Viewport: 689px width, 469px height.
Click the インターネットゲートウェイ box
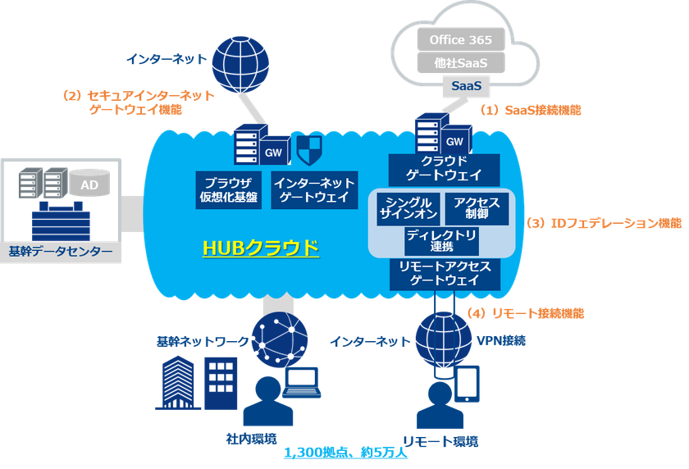pyautogui.click(x=313, y=189)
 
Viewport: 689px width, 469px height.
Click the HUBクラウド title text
pyautogui.click(x=261, y=247)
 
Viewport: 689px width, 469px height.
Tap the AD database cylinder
pyautogui.click(x=89, y=185)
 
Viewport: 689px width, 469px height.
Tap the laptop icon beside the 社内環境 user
pyautogui.click(x=301, y=379)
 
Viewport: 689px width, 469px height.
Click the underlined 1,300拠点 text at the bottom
pyautogui.click(x=345, y=453)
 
